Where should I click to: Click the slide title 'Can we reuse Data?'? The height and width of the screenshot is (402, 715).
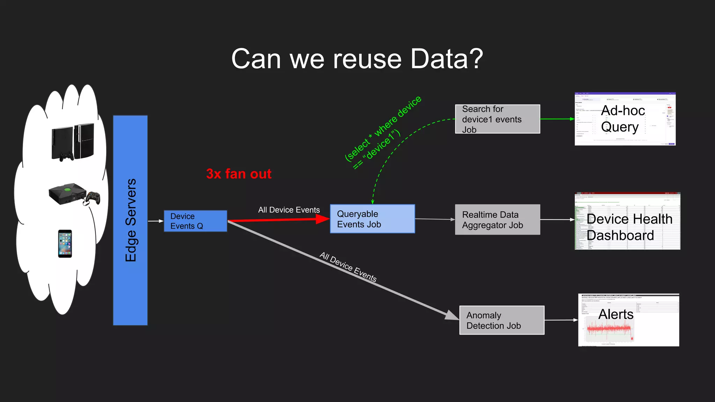point(357,59)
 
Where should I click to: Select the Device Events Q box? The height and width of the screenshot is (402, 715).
point(196,221)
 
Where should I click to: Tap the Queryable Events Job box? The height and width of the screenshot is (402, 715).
point(372,219)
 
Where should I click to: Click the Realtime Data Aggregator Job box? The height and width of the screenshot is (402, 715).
point(497,219)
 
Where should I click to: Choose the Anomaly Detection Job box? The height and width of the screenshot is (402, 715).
point(502,320)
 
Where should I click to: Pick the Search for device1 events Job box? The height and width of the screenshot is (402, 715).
point(497,119)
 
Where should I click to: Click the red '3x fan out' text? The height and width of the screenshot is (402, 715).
point(239,174)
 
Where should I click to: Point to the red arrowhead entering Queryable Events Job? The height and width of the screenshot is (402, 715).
point(322,219)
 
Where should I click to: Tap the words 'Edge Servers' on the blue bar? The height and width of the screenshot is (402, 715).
point(131,220)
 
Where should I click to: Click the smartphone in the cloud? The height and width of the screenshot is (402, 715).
point(65,244)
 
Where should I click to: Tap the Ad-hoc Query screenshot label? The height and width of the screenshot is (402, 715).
point(623,119)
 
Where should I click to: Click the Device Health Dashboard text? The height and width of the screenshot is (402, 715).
point(629,227)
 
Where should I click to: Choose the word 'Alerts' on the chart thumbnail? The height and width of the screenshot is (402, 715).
point(616,314)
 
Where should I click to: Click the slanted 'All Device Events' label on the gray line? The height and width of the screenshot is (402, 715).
point(348,267)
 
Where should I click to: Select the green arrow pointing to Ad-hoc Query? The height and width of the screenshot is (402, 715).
point(557,119)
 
